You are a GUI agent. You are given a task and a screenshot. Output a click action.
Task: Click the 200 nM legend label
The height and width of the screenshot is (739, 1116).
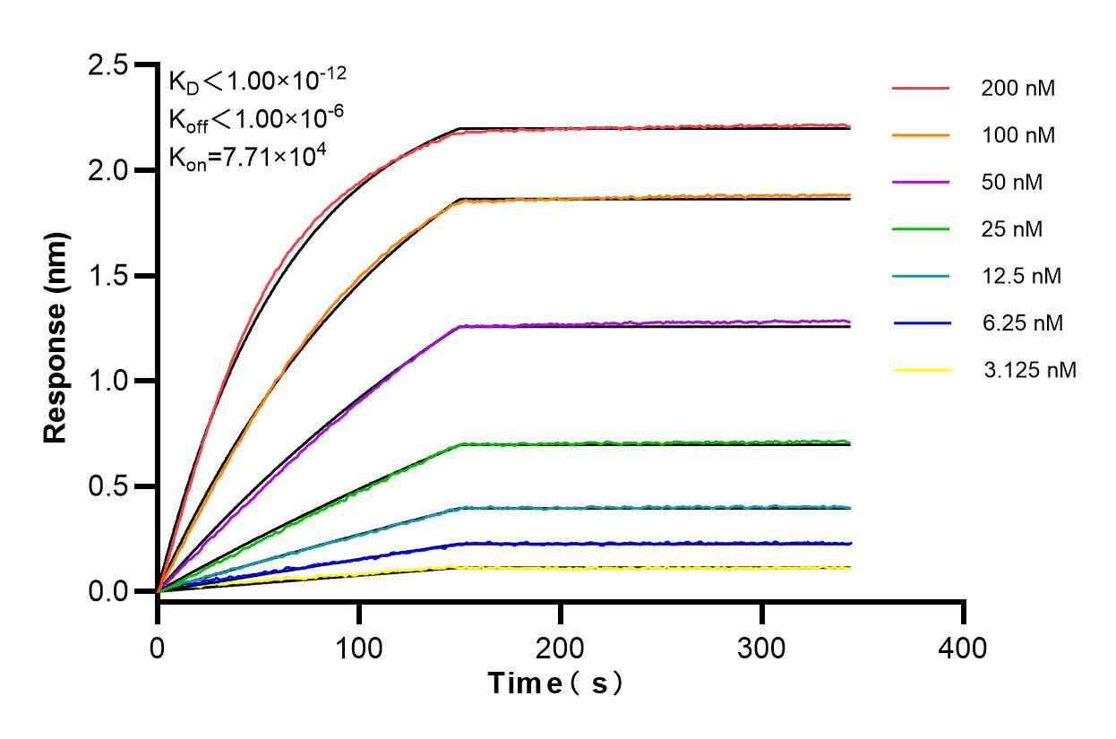(x=1017, y=89)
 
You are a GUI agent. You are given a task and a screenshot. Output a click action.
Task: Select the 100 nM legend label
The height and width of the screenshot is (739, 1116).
(x=1017, y=135)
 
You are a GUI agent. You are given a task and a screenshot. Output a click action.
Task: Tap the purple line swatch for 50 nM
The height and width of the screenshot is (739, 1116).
(x=920, y=182)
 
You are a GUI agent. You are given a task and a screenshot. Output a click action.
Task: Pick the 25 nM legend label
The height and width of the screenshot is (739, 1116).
(x=1011, y=229)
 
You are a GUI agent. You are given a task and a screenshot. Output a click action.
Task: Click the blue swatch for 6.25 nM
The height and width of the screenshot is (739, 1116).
(x=920, y=322)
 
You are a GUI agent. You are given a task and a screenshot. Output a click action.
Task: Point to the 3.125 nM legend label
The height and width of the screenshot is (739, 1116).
(x=1028, y=369)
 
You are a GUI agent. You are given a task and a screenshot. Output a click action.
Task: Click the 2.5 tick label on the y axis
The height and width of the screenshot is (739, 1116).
(x=107, y=65)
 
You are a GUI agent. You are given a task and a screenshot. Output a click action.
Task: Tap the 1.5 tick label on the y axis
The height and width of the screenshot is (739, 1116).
(x=107, y=276)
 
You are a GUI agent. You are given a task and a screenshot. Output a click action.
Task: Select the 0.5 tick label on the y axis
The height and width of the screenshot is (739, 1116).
(x=107, y=486)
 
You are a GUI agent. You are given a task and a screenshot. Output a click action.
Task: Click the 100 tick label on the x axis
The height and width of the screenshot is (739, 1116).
(x=359, y=647)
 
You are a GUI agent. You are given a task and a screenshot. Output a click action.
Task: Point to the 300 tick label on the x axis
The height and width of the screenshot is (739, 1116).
(x=762, y=647)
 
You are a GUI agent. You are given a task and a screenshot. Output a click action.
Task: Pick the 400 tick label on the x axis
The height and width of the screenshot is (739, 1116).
(x=964, y=647)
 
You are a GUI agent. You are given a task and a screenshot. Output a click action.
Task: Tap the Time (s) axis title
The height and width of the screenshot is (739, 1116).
(x=556, y=683)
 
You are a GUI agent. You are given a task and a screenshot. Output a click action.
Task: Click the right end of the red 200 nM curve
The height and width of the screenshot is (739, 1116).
(x=848, y=126)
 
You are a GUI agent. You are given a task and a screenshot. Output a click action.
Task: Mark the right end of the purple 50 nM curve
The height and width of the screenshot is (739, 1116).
(x=848, y=321)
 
